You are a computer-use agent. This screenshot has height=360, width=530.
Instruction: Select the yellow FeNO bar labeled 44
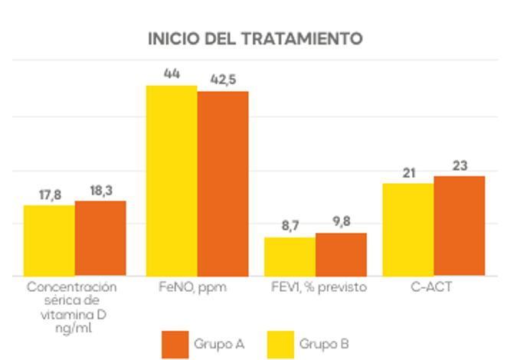point(172,180)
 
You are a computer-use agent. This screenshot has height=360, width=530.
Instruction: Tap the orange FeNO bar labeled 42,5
point(223,183)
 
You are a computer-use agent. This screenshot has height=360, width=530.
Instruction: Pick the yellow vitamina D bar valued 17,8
point(49,240)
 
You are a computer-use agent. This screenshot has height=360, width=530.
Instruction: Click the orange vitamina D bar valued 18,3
point(100,237)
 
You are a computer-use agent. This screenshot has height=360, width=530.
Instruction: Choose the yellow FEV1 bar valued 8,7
point(290,256)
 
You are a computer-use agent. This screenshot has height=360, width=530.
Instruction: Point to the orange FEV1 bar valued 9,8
point(341,254)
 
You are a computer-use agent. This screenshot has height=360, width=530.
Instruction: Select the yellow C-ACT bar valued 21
point(408,229)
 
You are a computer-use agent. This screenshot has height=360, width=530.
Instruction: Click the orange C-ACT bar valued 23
point(460,225)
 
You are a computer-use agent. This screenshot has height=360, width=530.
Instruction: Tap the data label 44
point(172,74)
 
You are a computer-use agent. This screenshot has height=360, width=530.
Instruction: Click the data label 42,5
point(223,80)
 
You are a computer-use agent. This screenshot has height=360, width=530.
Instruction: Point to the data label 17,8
point(50,195)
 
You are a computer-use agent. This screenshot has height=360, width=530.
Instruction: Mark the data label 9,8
point(341,222)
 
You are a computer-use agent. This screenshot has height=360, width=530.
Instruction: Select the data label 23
point(460,165)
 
